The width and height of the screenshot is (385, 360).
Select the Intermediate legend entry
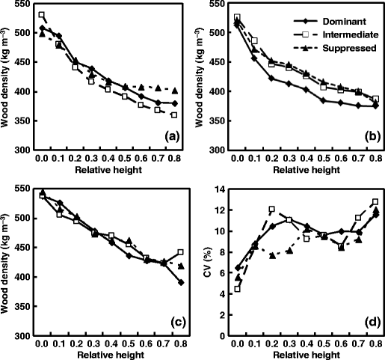tap(345, 34)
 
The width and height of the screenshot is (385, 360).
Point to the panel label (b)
tap(369, 135)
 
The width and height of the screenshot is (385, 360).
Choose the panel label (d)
tap(369, 323)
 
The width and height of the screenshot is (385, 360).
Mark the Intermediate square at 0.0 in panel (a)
tap(42, 15)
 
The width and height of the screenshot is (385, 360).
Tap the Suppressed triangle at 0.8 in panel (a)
tap(175, 90)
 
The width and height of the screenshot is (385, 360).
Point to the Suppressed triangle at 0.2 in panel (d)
tap(271, 256)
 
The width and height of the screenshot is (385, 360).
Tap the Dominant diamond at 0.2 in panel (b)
tap(271, 78)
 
